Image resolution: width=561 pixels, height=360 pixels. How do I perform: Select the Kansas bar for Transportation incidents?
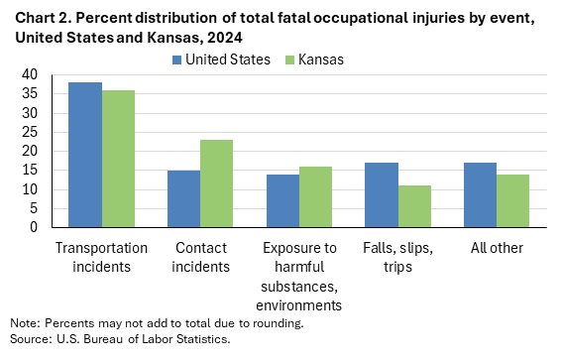pos(118,159)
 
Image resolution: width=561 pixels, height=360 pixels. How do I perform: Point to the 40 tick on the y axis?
pos(31,74)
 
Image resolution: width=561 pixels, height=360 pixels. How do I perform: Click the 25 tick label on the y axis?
pos(31,132)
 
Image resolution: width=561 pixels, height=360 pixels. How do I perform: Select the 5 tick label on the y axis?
pos(35,208)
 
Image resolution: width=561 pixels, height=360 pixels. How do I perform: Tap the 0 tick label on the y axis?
pos(35,227)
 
